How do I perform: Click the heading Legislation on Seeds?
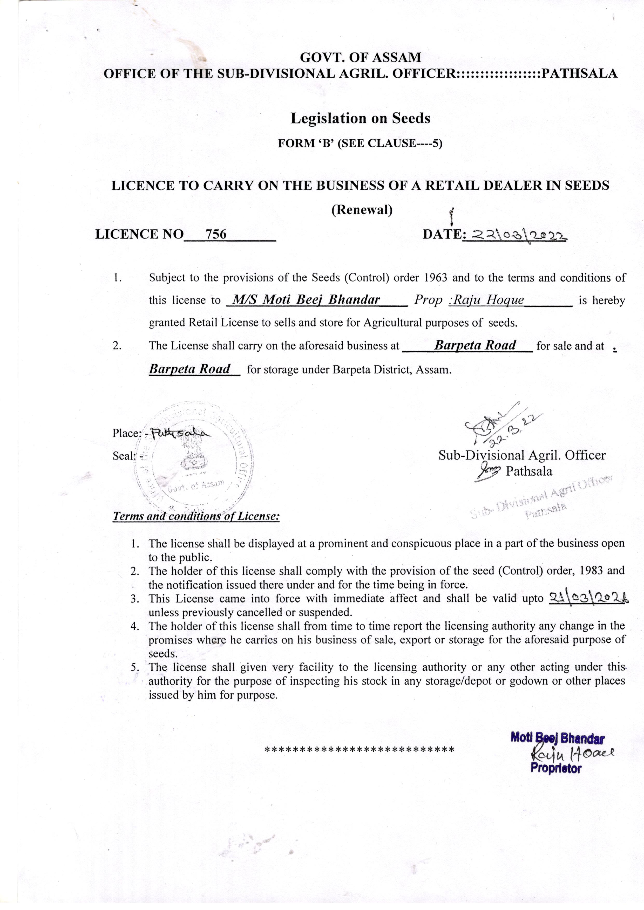(360, 118)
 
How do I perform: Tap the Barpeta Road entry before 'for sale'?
(475, 345)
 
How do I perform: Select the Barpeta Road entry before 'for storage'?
(189, 369)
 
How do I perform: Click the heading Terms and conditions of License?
(196, 516)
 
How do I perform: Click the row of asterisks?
(359, 750)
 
